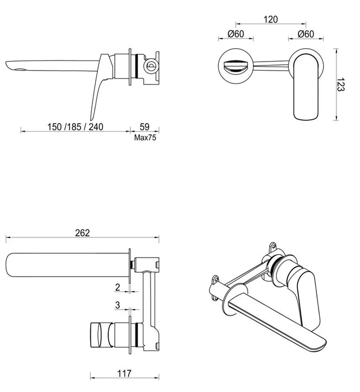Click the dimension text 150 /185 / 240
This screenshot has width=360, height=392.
click(76, 127)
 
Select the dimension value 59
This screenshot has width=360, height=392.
click(144, 127)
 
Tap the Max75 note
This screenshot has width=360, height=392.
click(144, 137)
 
